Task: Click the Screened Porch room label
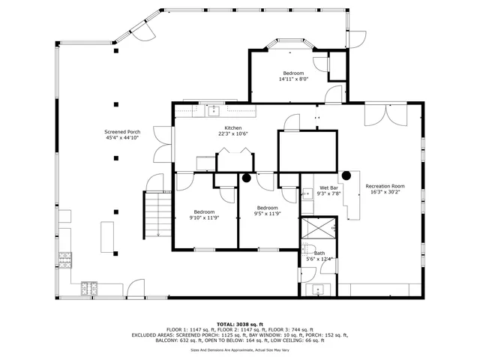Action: tap(122, 132)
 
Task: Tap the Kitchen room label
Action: tap(232, 129)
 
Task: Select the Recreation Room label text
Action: tap(385, 186)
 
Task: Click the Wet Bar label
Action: tap(328, 187)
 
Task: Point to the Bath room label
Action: tap(319, 253)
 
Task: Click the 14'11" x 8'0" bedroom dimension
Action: tap(293, 79)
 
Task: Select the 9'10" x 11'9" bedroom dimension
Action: tap(205, 217)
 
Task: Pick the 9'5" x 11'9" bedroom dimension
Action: tap(268, 214)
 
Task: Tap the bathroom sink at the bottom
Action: tap(317, 290)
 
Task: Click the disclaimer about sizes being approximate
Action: tap(240, 349)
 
